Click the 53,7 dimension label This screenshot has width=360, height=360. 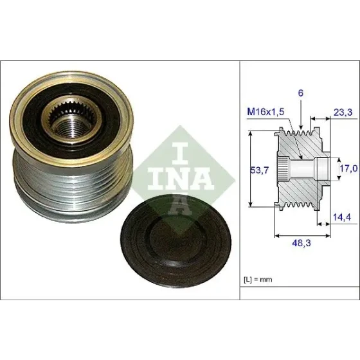pyautogui.click(x=259, y=170)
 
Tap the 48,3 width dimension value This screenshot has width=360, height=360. pyautogui.click(x=301, y=243)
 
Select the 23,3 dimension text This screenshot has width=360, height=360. pyautogui.click(x=343, y=113)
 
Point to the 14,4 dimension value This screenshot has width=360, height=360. pyautogui.click(x=342, y=217)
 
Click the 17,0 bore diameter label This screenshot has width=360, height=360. pyautogui.click(x=348, y=168)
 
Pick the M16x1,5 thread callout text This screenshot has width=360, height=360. pyautogui.click(x=265, y=112)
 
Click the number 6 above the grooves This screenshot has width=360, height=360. pyautogui.click(x=301, y=93)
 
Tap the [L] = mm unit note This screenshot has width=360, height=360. pyautogui.click(x=258, y=280)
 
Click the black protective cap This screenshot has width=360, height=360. pyautogui.click(x=176, y=240)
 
